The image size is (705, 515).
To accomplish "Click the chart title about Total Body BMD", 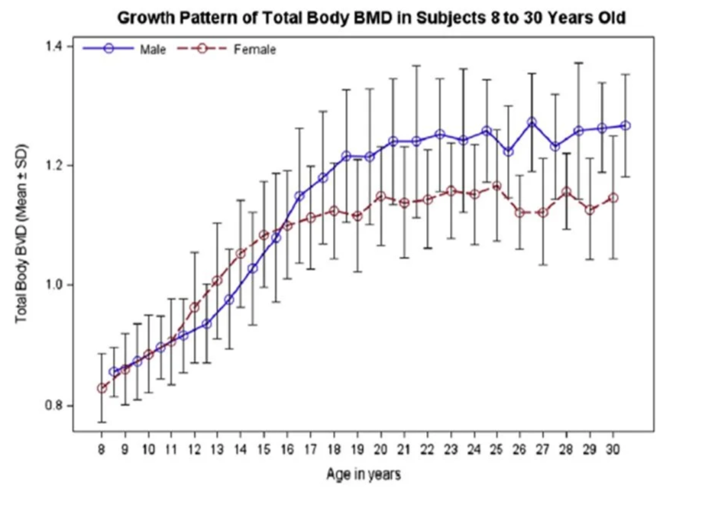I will point(370,18).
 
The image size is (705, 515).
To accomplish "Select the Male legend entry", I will point(147,50).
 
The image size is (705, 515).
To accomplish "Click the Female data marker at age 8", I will point(102,388).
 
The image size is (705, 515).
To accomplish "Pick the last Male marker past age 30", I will point(626,125).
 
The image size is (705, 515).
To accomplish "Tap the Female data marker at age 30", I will point(613,198).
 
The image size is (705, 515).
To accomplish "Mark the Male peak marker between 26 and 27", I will point(532,122).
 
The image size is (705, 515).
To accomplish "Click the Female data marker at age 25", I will point(496,186).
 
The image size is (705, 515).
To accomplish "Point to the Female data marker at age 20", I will point(380,196).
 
